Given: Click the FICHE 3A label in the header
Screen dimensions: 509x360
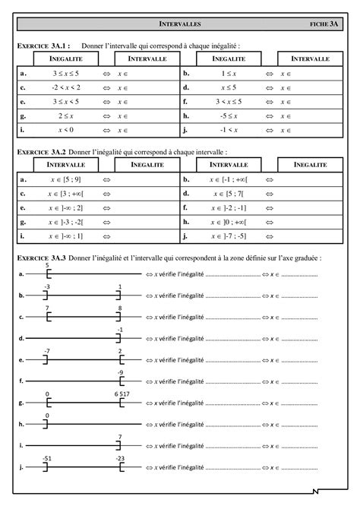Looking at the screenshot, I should pyautogui.click(x=324, y=24).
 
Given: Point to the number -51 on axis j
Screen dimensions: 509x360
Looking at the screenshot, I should pyautogui.click(x=46, y=459).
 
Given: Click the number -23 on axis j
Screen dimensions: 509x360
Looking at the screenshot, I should pyautogui.click(x=120, y=459).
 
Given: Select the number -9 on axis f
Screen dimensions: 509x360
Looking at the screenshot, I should pyautogui.click(x=120, y=371).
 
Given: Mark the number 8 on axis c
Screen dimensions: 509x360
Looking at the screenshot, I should pyautogui.click(x=120, y=308).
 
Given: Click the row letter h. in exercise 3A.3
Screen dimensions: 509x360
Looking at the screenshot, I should pyautogui.click(x=22, y=423).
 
